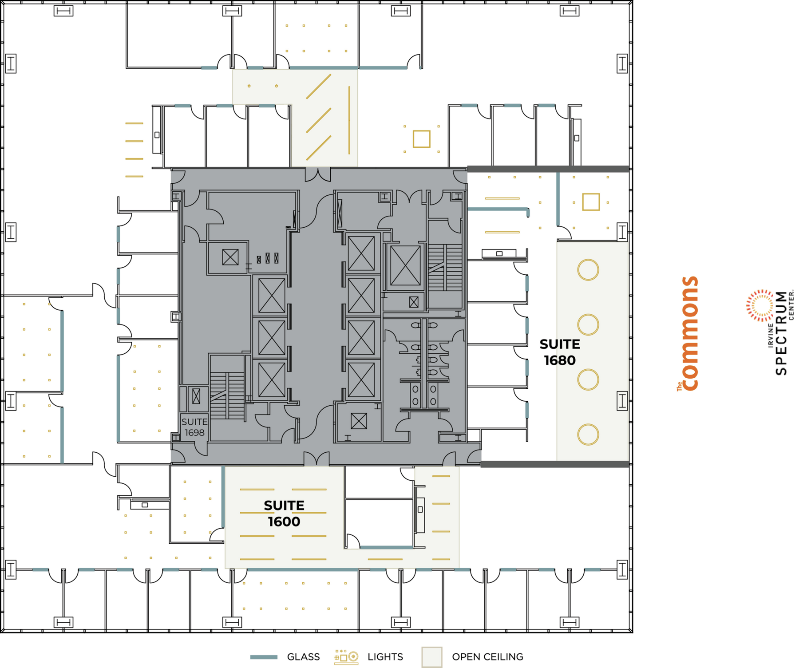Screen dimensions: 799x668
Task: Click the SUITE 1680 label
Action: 560,352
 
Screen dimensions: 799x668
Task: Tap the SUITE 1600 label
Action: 284,514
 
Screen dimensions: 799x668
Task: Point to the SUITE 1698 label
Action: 194,427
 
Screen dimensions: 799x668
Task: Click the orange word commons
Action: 690,334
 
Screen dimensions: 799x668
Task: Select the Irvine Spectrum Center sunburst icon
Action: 760,305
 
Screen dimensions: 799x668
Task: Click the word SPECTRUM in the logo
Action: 781,333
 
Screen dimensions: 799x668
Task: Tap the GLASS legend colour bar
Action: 264,657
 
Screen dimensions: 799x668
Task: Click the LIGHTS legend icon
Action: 346,657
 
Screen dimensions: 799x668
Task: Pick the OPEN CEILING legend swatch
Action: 431,657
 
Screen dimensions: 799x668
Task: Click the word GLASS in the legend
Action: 303,657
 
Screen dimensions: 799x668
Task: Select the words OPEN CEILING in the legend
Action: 487,657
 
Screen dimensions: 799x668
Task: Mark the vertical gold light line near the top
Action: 349,120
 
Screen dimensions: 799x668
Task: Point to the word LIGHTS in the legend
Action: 385,657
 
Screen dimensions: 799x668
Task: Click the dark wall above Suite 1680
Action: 548,169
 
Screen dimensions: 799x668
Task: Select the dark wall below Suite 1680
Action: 555,464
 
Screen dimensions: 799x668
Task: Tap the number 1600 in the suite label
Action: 284,522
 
